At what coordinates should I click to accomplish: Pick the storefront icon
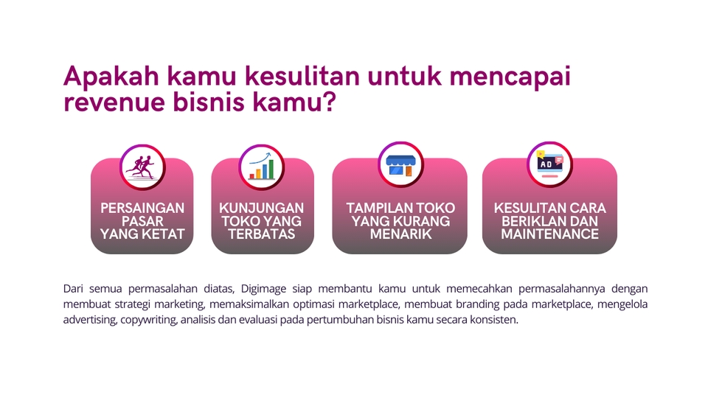(x=400, y=163)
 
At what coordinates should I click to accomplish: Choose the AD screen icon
(x=549, y=163)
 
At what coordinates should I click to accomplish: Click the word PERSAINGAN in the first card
(x=142, y=209)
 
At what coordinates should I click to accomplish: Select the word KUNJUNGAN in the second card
(x=262, y=209)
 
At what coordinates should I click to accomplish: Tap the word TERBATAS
(x=262, y=234)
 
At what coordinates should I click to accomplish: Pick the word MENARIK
(x=400, y=234)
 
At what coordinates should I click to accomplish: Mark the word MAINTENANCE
(x=549, y=234)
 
